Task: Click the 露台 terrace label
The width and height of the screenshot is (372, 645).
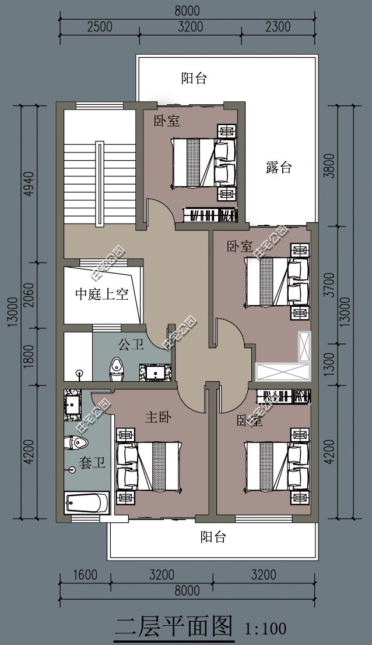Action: [x=278, y=168]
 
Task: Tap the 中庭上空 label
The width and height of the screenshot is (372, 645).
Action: [x=101, y=294]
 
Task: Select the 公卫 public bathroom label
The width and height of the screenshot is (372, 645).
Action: [x=131, y=345]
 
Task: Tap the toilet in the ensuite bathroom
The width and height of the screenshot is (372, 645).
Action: [x=75, y=444]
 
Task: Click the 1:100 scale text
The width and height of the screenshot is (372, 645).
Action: [x=265, y=628]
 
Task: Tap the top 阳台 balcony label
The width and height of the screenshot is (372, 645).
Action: [x=194, y=79]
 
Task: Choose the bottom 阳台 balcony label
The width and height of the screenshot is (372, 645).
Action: [x=213, y=536]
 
